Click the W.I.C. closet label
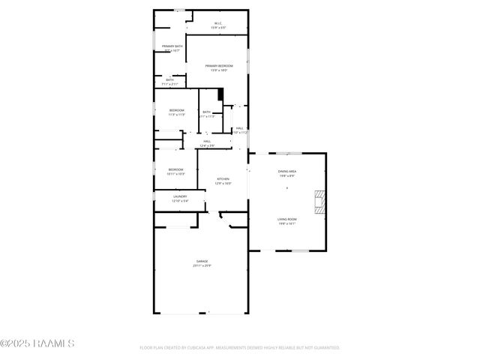(219, 24)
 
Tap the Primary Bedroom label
(219, 66)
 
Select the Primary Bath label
(172, 46)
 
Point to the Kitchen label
(223, 178)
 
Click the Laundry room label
(180, 196)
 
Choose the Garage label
(202, 261)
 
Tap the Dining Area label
(287, 172)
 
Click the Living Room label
(287, 219)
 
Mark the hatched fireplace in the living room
(319, 202)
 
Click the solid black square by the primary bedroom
(220, 94)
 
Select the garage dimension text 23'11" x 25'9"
(202, 266)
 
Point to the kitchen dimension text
(223, 184)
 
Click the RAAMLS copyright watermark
(37, 343)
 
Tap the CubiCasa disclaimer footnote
(240, 348)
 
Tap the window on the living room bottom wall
(300, 250)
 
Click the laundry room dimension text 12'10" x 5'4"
(180, 201)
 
